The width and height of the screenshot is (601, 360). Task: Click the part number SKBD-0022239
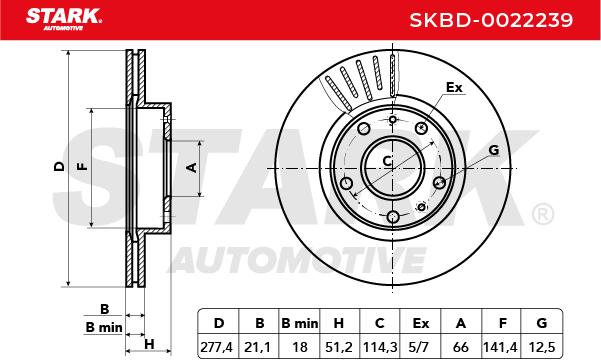click(491, 20)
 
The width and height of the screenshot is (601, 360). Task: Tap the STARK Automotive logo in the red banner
click(64, 19)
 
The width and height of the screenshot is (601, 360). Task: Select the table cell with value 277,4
click(217, 347)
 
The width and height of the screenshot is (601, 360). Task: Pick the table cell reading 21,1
click(258, 347)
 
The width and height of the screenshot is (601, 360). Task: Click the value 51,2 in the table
click(339, 347)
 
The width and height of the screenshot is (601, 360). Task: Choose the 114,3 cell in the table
click(380, 347)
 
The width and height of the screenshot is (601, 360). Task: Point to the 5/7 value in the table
click(419, 347)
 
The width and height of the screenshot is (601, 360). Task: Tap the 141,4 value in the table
click(500, 347)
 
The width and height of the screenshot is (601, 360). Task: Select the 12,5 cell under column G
click(542, 347)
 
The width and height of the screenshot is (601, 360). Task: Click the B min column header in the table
click(299, 324)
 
